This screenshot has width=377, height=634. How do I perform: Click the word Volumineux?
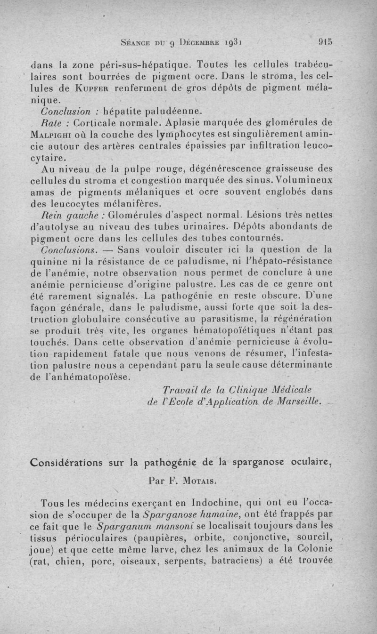pyautogui.click(x=304, y=180)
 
